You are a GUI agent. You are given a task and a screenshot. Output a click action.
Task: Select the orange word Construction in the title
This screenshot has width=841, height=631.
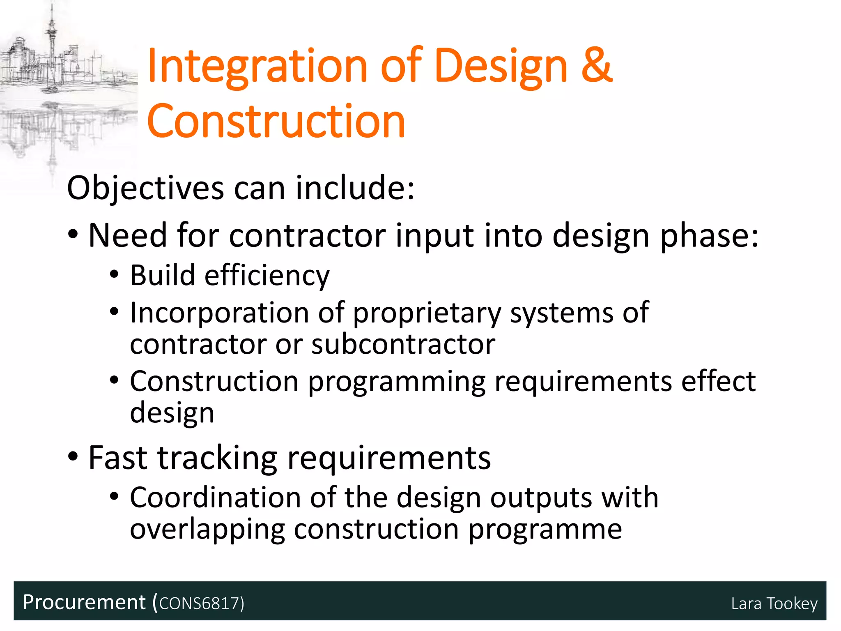(276, 121)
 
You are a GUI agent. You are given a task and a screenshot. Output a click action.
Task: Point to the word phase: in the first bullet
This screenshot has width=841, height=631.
(709, 236)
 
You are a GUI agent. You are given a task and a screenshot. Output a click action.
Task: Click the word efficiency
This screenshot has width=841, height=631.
(267, 275)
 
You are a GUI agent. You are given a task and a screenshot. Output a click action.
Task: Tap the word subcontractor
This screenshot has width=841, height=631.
(403, 344)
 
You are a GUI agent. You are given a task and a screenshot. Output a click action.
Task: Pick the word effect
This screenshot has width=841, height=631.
(718, 381)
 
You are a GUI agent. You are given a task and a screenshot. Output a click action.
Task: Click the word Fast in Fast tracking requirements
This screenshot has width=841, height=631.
(118, 458)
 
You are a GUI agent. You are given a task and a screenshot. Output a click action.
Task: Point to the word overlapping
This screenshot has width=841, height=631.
(207, 530)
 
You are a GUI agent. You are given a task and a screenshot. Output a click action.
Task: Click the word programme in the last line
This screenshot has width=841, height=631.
(545, 530)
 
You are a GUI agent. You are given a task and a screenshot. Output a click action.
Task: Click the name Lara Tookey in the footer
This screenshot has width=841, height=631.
(774, 603)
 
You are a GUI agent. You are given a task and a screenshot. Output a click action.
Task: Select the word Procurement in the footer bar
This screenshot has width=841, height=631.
(84, 602)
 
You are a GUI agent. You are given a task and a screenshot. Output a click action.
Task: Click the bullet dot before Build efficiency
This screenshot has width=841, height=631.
(114, 274)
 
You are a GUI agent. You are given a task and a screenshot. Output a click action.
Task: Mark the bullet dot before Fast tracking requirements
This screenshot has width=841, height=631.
(73, 456)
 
